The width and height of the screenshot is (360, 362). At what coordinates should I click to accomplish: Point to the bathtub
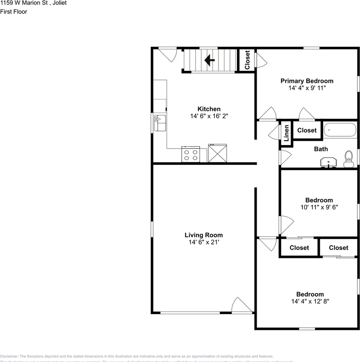coord(340,130)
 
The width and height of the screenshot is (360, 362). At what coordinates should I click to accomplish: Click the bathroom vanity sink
coord(329,163)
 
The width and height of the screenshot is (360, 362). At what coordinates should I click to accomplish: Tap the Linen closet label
coord(286,133)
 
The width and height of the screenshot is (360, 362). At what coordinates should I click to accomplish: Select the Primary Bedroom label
coord(307,81)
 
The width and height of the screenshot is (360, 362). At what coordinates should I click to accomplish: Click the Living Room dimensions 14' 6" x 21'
coord(204,242)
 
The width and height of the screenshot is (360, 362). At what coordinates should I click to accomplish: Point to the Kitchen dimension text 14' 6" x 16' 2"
coord(209,117)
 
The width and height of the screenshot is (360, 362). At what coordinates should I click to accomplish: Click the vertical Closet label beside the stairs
coord(248,60)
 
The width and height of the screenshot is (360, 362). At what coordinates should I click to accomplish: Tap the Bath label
coord(321,149)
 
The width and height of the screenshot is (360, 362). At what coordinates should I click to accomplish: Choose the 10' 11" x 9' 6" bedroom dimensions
coord(319,207)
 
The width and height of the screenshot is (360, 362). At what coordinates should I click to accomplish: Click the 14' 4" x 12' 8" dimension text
coord(310,301)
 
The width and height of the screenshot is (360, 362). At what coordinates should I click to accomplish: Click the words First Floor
coord(14,11)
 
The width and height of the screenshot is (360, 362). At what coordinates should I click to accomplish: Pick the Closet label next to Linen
coord(307,130)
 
